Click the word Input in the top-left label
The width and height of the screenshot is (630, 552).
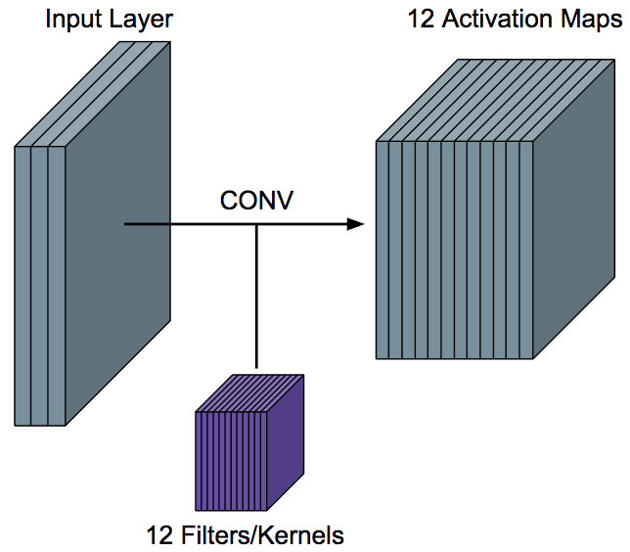(69, 19)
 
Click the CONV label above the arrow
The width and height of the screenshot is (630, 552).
(256, 202)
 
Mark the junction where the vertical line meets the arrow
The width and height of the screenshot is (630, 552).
(256, 224)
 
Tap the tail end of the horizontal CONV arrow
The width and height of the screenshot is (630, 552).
(127, 224)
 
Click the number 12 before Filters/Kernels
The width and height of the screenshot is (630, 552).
(159, 535)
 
